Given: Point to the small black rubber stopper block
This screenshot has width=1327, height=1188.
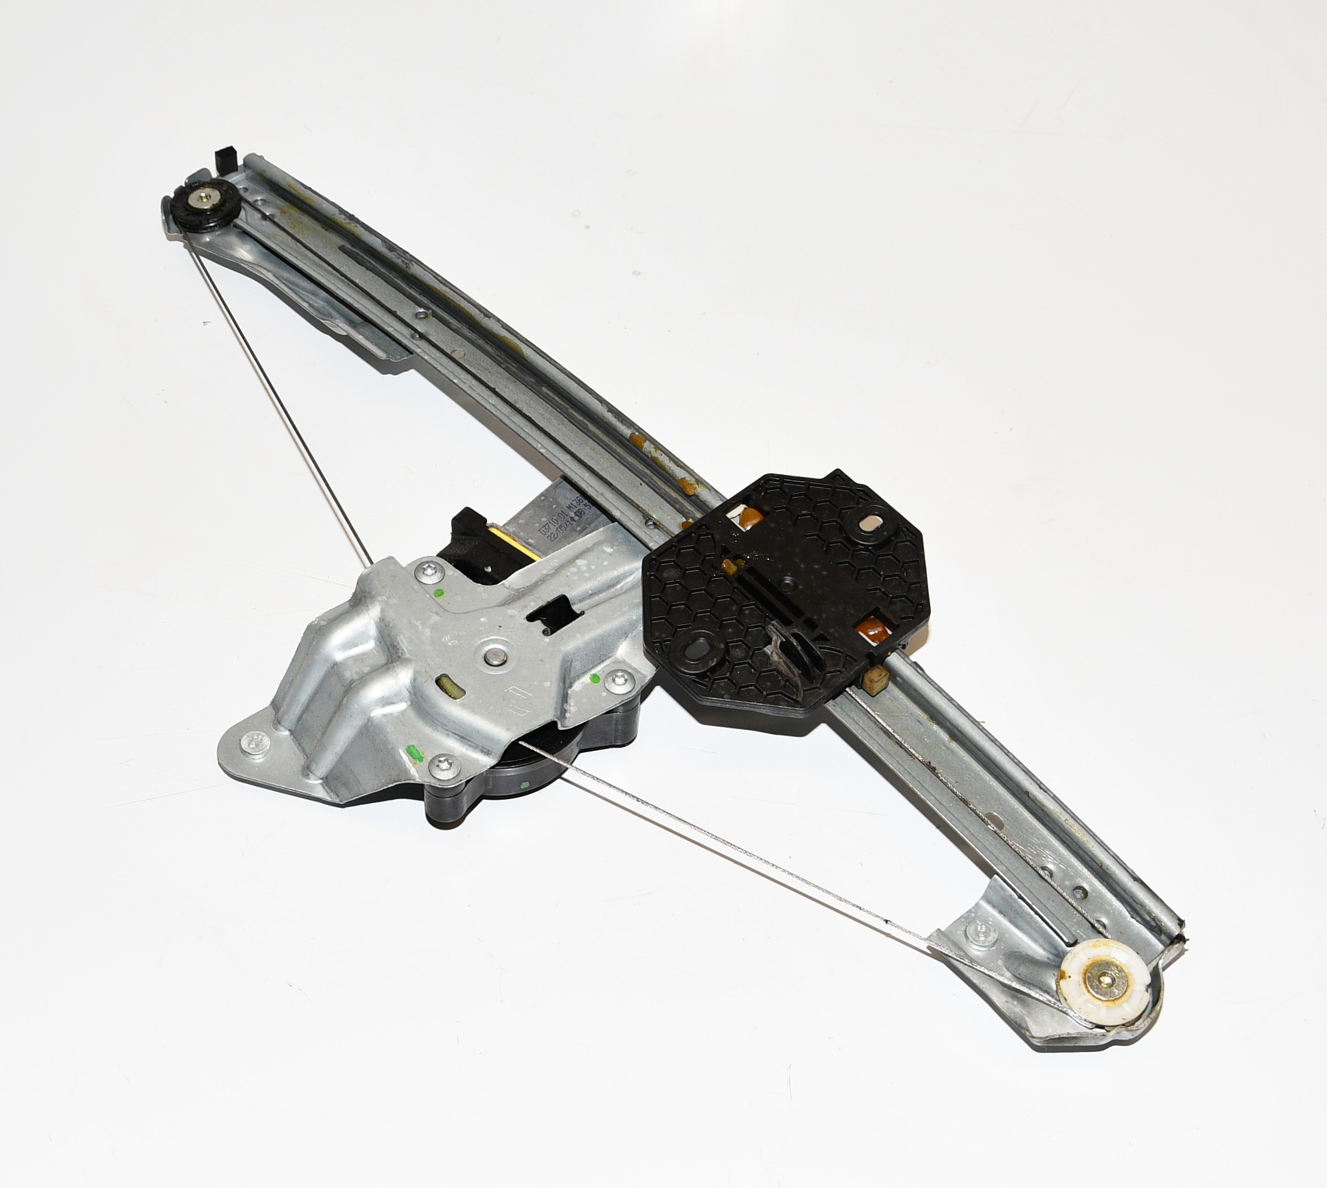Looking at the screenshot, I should tap(226, 160).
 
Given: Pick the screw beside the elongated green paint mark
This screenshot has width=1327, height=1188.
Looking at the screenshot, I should tap(443, 767).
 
